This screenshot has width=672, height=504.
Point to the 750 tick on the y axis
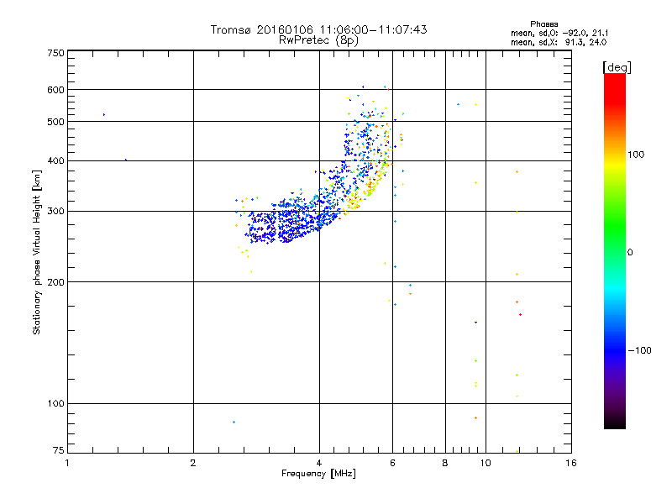pyautogui.click(x=55, y=53)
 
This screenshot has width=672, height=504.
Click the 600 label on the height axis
pyautogui.click(x=55, y=90)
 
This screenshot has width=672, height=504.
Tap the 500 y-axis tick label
pyautogui.click(x=55, y=122)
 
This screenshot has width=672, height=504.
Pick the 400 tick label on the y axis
pyautogui.click(x=55, y=160)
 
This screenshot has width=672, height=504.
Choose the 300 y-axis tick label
pyautogui.click(x=55, y=211)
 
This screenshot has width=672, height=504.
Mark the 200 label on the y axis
pyautogui.click(x=55, y=281)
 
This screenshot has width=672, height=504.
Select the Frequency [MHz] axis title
pyautogui.click(x=319, y=475)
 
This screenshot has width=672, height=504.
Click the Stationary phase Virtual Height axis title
pyautogui.click(x=37, y=252)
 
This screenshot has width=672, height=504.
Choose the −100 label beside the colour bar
pyautogui.click(x=639, y=350)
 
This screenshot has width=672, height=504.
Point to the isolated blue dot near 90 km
pyautogui.click(x=234, y=422)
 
